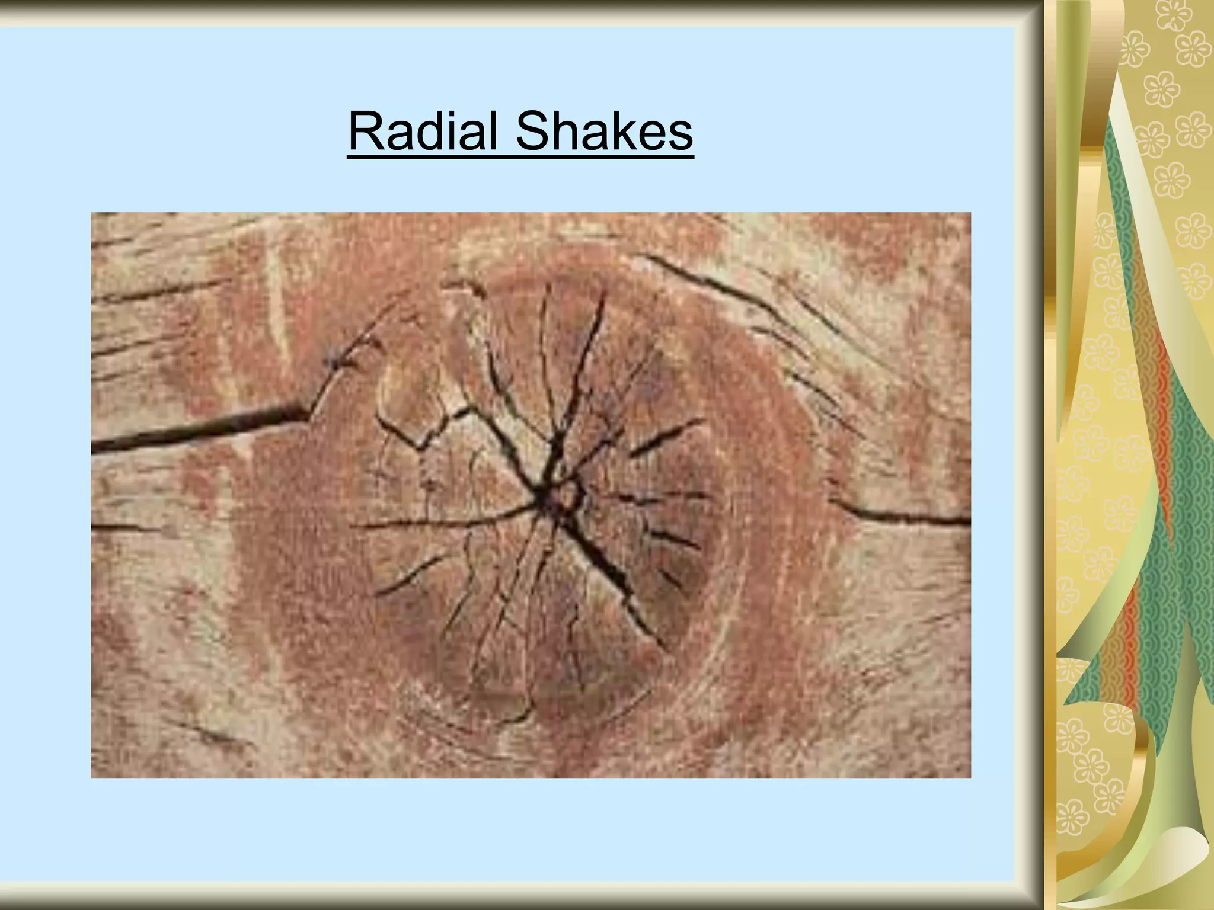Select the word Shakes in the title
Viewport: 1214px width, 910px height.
click(x=604, y=131)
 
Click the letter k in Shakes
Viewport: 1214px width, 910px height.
click(x=619, y=131)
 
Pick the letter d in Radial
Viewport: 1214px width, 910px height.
click(x=435, y=132)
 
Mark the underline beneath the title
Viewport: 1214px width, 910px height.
click(x=520, y=157)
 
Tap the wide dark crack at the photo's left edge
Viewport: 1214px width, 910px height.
click(x=196, y=428)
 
